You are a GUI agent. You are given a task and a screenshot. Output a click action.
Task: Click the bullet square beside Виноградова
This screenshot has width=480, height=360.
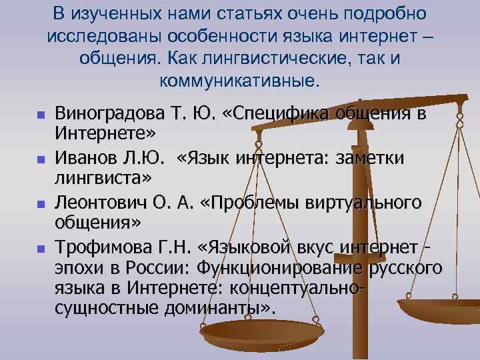point(39,115)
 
